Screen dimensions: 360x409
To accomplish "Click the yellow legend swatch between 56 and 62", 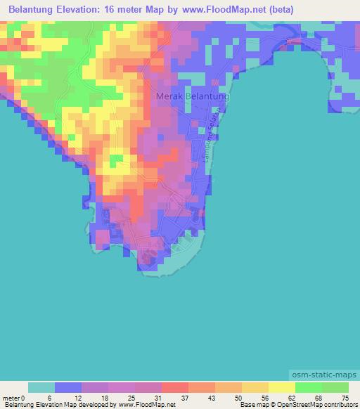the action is pos(281,387).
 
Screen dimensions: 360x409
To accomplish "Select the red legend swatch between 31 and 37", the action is pos(174,387).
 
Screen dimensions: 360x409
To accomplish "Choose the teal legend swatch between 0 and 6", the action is pos(41,387).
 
